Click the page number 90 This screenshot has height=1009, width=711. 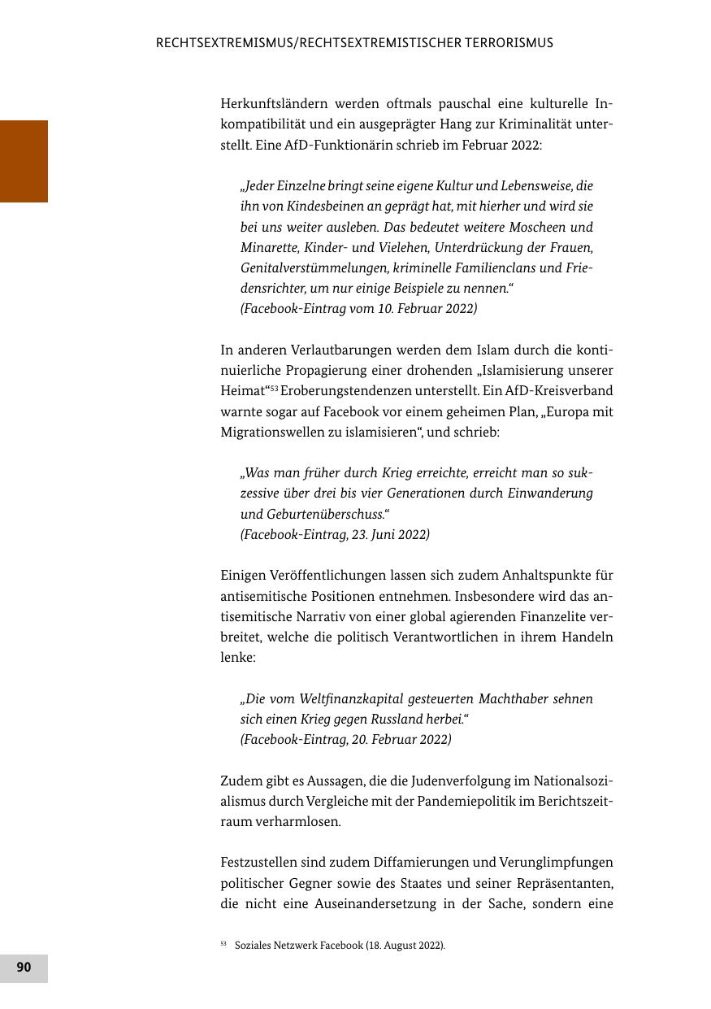(24, 968)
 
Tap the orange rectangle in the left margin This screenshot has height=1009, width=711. (24, 161)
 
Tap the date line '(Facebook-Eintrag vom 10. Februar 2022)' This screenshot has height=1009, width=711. (358, 309)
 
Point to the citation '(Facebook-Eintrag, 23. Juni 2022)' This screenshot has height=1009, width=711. (335, 535)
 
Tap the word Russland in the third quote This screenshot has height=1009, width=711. (396, 720)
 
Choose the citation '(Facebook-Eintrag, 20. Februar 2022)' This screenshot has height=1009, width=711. (345, 740)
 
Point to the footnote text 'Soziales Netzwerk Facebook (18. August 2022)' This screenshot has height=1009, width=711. (340, 946)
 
